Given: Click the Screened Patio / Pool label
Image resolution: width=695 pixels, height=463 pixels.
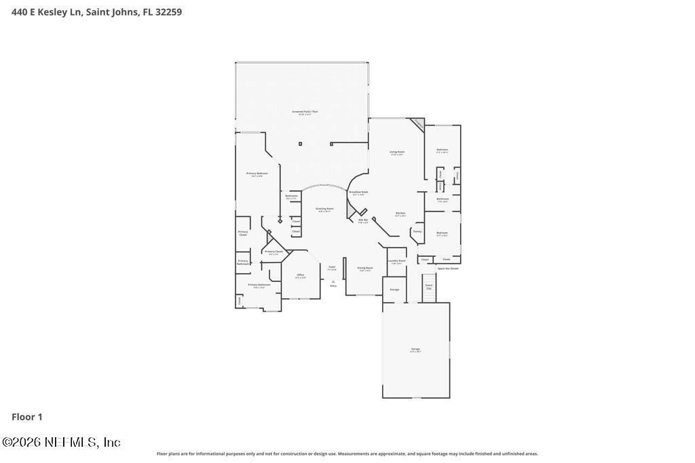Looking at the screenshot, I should (x=305, y=112).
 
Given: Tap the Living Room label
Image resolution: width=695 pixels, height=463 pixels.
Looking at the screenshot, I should (x=397, y=153).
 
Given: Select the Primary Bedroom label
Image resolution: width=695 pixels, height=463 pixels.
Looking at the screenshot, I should (x=257, y=174).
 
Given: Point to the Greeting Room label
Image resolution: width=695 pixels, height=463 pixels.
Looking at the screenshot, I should (x=325, y=209).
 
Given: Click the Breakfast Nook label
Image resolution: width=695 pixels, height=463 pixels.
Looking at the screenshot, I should (x=359, y=193).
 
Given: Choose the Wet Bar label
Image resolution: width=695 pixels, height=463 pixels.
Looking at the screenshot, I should (x=363, y=220).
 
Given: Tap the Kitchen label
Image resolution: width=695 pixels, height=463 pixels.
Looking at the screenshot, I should (x=400, y=214).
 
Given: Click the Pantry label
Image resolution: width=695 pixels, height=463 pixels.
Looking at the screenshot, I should (x=417, y=232).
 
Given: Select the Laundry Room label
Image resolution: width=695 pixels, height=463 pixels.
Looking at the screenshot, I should (x=396, y=261).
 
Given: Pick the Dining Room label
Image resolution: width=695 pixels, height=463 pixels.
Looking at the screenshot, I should (x=365, y=268).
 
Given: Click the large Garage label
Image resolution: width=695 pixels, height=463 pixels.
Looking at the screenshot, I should (x=415, y=350).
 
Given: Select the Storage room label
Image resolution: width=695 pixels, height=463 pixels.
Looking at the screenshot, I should (x=394, y=289).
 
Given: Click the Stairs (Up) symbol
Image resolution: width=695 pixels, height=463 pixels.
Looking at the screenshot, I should (x=429, y=287).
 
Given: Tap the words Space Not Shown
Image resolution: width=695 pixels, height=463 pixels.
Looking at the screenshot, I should (x=448, y=268).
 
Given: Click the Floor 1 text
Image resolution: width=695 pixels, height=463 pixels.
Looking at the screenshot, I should (x=27, y=417).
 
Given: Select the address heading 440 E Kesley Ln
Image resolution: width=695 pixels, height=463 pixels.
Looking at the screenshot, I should (x=96, y=12).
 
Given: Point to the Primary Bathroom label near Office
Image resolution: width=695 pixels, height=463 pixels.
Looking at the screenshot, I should (x=259, y=285).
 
